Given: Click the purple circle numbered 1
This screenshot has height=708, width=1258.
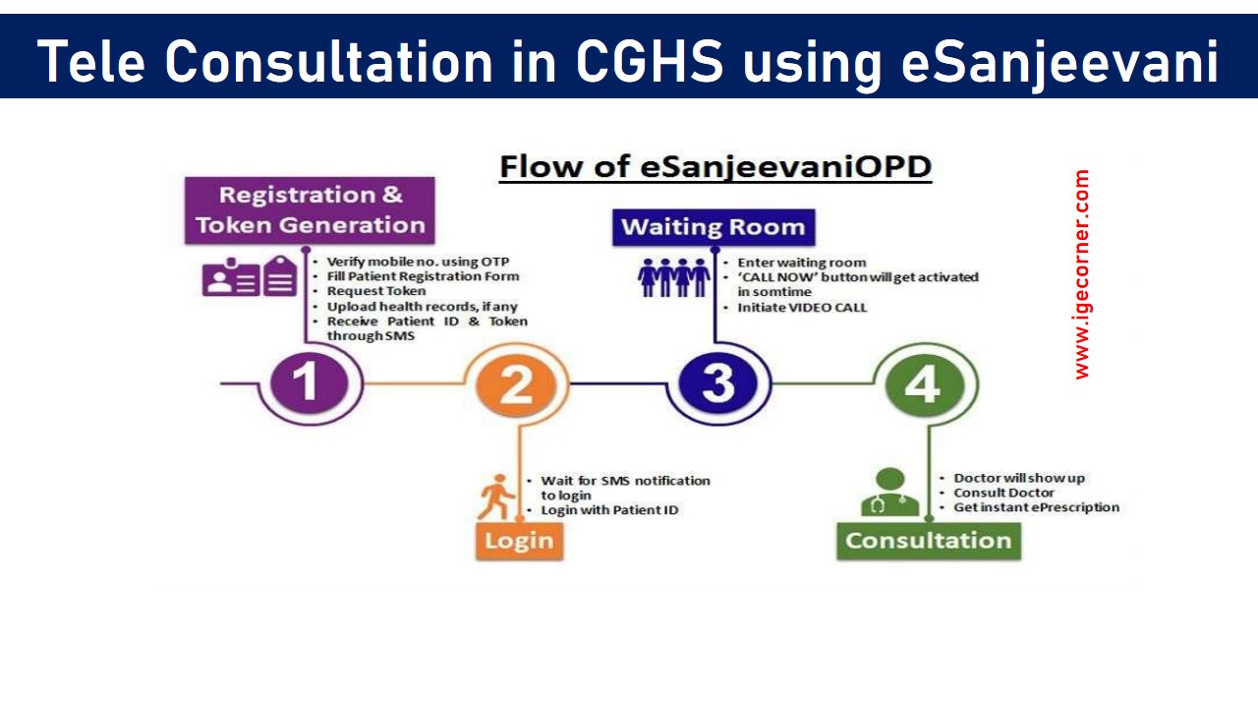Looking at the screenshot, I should point(309,383).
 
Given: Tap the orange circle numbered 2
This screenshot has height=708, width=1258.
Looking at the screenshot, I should point(516,384).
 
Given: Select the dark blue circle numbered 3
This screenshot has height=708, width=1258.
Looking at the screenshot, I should point(718,383).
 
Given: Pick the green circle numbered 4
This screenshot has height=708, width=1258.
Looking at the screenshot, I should point(921,384).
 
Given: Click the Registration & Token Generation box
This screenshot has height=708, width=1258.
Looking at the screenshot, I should point(310,209).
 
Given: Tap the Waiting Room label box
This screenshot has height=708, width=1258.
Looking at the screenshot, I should point(714,227).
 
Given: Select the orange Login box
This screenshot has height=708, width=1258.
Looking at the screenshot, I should point(519,541).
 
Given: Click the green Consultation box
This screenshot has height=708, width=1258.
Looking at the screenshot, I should point(928,541).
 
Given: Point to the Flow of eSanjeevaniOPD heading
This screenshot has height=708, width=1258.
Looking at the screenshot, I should point(715,167).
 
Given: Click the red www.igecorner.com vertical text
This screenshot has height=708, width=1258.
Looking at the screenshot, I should point(1082,274).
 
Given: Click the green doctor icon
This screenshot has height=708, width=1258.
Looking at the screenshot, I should point(889,493).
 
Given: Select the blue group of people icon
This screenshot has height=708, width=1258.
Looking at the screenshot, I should point(673,278).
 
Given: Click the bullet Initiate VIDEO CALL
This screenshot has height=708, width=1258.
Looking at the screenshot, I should point(802,308).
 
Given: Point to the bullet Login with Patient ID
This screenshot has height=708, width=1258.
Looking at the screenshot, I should point(609,510).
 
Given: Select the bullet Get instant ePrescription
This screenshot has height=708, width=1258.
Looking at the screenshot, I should point(1036,507).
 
